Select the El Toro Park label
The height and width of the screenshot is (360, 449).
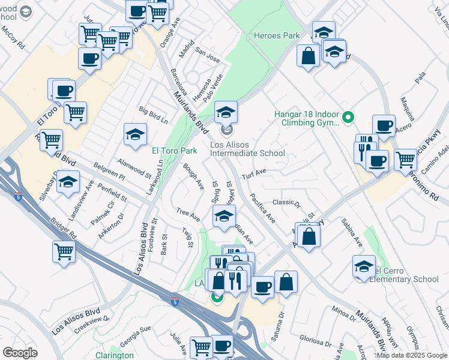[175, 151]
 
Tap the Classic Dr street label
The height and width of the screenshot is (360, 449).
[286, 203]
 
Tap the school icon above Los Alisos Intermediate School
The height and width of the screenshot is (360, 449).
[226, 112]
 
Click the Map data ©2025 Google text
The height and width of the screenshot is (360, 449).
[412, 355]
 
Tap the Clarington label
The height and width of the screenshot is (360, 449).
[115, 355]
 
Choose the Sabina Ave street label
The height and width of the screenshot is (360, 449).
[352, 233]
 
